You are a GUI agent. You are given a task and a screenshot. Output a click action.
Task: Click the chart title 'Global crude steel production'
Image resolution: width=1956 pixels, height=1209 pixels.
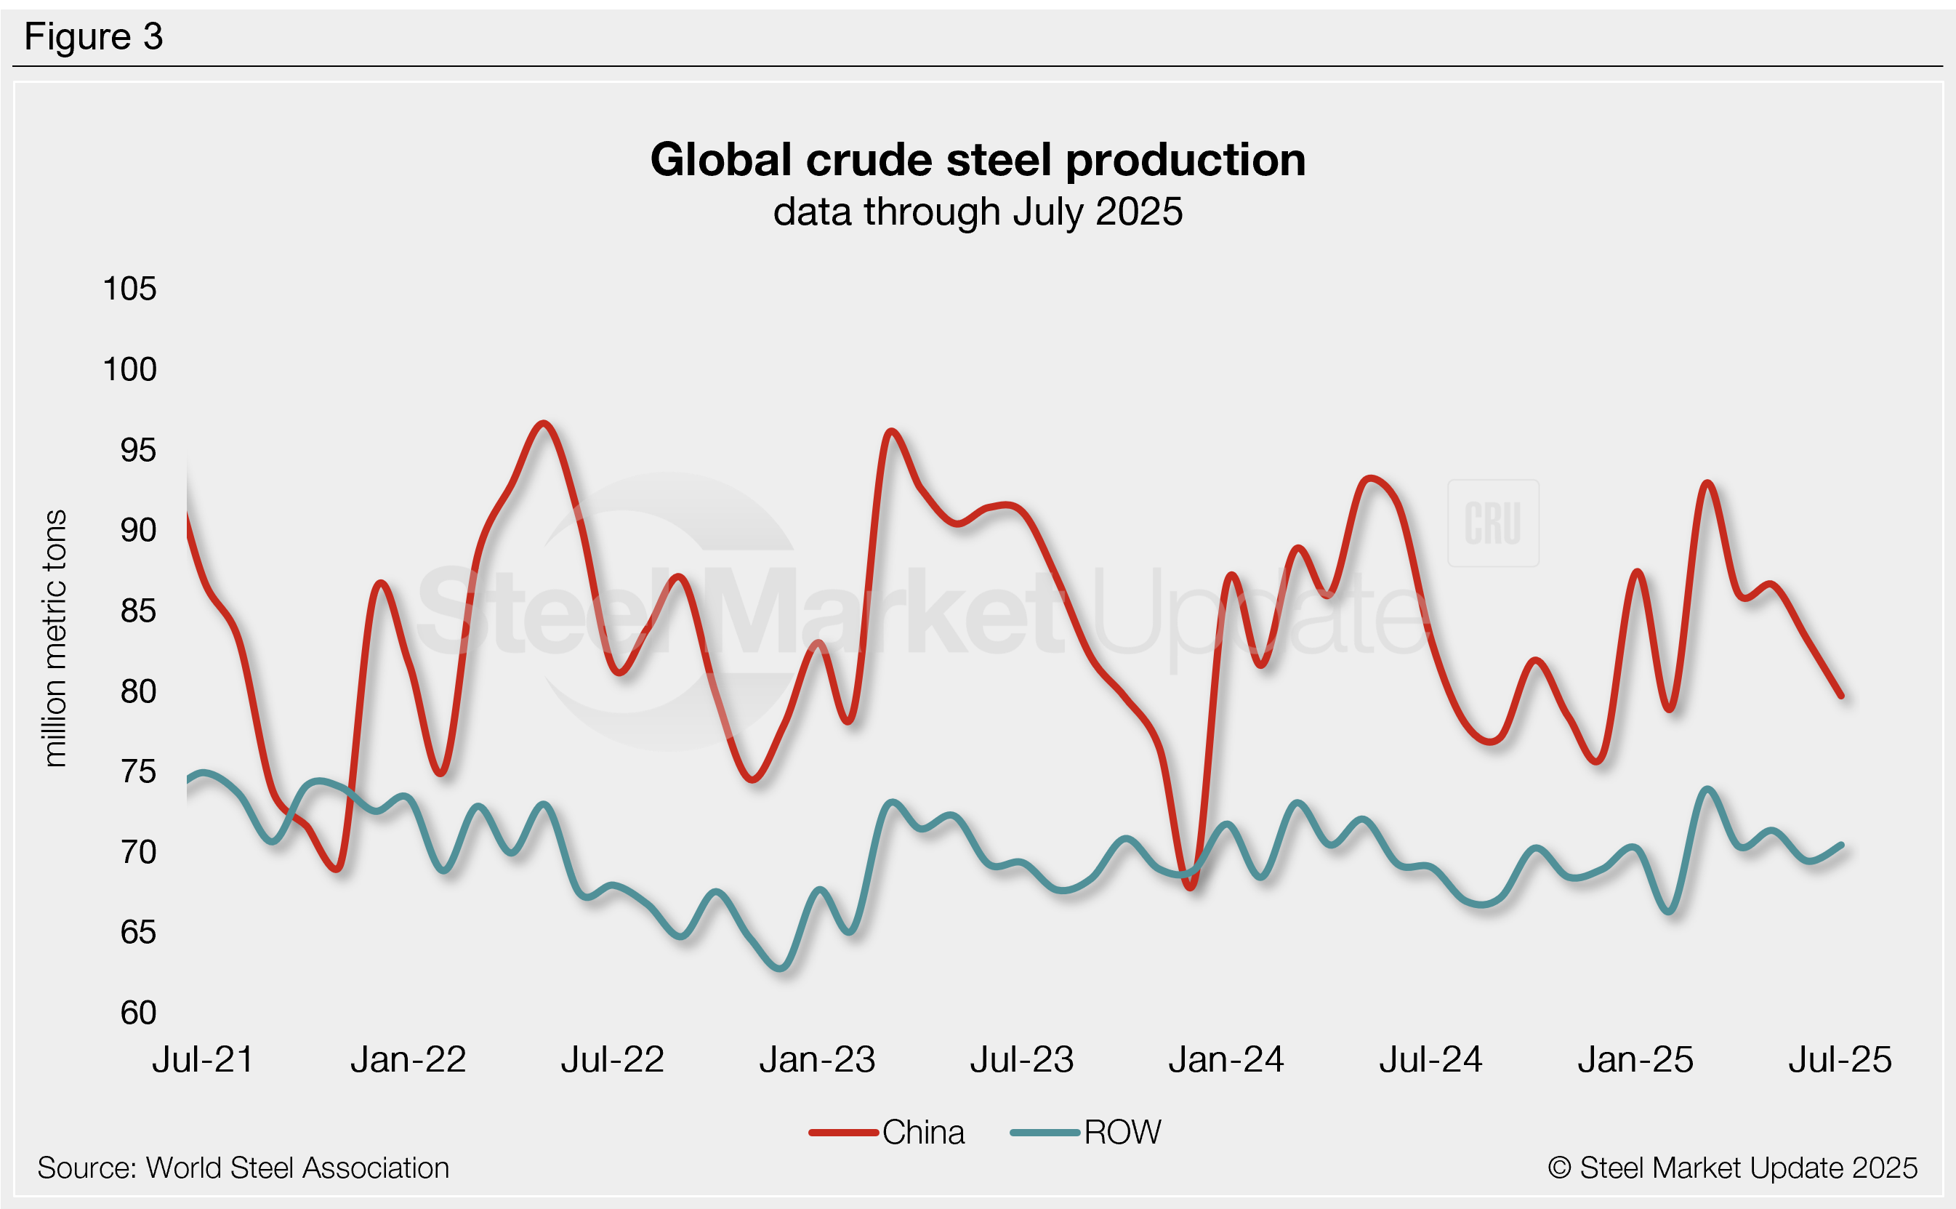click(x=978, y=160)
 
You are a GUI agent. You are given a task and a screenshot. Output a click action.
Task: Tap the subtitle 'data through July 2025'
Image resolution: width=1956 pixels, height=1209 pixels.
click(x=978, y=212)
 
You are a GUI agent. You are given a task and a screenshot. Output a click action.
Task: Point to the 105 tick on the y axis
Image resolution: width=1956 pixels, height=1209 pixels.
click(x=129, y=289)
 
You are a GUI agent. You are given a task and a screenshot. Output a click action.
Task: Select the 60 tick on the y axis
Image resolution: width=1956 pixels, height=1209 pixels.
click(x=138, y=1012)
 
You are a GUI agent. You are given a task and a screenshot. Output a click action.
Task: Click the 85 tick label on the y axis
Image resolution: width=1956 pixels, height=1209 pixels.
click(x=138, y=611)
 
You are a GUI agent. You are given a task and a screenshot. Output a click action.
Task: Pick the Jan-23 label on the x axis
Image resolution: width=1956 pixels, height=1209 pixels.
click(x=817, y=1059)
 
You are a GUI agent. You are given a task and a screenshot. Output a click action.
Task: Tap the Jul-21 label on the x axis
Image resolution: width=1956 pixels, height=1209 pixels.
click(x=203, y=1059)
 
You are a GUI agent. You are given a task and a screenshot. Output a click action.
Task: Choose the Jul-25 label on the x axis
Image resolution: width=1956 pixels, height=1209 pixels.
click(x=1839, y=1059)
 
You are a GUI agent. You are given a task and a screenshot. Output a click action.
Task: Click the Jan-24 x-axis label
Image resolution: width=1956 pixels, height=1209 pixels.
click(x=1226, y=1059)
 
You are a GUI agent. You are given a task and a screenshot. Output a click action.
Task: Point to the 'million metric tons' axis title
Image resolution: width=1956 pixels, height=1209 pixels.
click(x=55, y=638)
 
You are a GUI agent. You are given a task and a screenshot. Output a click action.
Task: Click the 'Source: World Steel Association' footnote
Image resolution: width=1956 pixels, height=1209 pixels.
click(x=243, y=1168)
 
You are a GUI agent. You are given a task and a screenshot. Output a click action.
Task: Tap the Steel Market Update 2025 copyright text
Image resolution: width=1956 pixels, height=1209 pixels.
click(x=1732, y=1168)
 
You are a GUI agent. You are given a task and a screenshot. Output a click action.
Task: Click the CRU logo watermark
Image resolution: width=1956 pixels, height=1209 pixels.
click(x=1492, y=523)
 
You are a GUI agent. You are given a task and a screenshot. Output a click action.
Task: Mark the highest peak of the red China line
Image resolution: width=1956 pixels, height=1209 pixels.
click(x=544, y=423)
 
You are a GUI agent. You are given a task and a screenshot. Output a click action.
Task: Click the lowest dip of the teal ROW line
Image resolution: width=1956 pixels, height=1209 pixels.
click(x=781, y=969)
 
